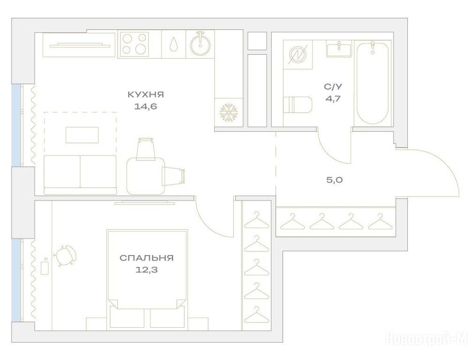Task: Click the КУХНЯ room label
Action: coord(146,95)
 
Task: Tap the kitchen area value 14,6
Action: coord(146,106)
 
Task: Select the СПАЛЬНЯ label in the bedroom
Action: coord(147,258)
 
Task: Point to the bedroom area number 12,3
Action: coord(147,270)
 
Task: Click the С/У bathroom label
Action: coord(333,87)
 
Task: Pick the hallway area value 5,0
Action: coord(334,180)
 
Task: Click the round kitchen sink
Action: coord(200,45)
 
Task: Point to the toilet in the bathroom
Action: coord(298,105)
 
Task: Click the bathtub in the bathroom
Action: coord(372,82)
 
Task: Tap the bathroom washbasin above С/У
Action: coord(339,50)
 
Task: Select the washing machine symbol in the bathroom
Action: coord(298,54)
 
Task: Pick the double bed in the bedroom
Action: coord(147,278)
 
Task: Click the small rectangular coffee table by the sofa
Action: coord(82,135)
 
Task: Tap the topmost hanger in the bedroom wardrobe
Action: coord(256,220)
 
